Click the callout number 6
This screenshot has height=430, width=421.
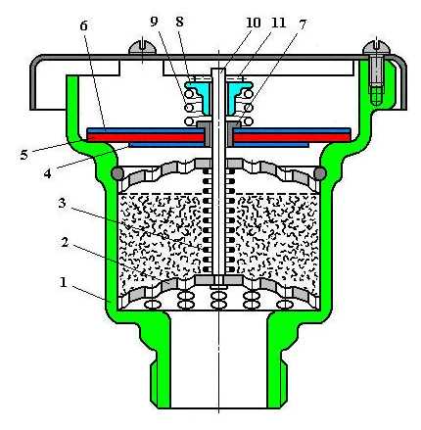pyautogui.click(x=84, y=25)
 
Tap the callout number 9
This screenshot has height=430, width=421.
pyautogui.click(x=154, y=22)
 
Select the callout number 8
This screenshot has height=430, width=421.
pyautogui.click(x=179, y=22)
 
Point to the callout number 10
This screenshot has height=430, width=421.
pyautogui.click(x=254, y=23)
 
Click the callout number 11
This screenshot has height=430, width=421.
pyautogui.click(x=279, y=23)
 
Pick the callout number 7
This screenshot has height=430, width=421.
pyautogui.click(x=303, y=24)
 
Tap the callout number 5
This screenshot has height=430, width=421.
pyautogui.click(x=23, y=155)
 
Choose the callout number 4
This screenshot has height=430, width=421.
pyautogui.click(x=48, y=173)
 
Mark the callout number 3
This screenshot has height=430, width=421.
pyautogui.click(x=62, y=203)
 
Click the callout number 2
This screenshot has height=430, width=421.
pyautogui.click(x=65, y=242)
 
